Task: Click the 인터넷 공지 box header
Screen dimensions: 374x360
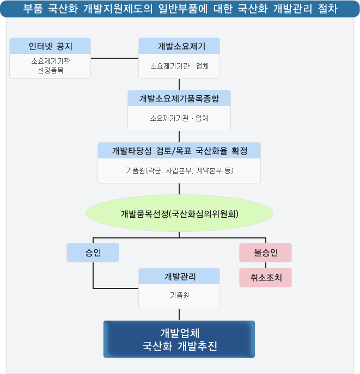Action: pyautogui.click(x=50, y=46)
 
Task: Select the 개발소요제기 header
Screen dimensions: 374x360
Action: pyautogui.click(x=179, y=46)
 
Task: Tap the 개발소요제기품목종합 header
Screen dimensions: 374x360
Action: pyautogui.click(x=179, y=99)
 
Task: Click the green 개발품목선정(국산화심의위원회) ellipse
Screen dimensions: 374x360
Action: pyautogui.click(x=179, y=213)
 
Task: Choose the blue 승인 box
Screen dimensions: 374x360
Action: pyautogui.click(x=93, y=252)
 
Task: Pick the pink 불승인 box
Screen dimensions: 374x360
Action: pyautogui.click(x=265, y=253)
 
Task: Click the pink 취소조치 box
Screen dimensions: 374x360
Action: pyautogui.click(x=265, y=277)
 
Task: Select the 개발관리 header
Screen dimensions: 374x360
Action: pyautogui.click(x=179, y=277)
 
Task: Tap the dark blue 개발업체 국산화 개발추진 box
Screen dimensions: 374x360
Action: pyautogui.click(x=179, y=339)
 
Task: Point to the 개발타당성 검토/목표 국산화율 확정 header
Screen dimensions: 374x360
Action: pyautogui.click(x=179, y=151)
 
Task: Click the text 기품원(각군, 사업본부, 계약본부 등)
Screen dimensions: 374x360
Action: pyautogui.click(x=179, y=170)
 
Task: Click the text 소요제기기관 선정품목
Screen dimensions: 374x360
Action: pyautogui.click(x=50, y=66)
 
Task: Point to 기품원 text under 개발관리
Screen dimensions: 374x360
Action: pyautogui.click(x=179, y=295)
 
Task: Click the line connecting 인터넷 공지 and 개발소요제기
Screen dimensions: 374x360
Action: pyautogui.click(x=114, y=58)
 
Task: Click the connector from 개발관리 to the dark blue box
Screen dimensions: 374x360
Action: pyautogui.click(x=179, y=315)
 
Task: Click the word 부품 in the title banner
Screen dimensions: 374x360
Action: pyautogui.click(x=33, y=9)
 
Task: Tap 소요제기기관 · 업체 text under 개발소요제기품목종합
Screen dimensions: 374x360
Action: pyautogui.click(x=179, y=118)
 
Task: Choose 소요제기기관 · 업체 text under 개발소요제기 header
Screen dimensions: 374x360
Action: pyautogui.click(x=179, y=66)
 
